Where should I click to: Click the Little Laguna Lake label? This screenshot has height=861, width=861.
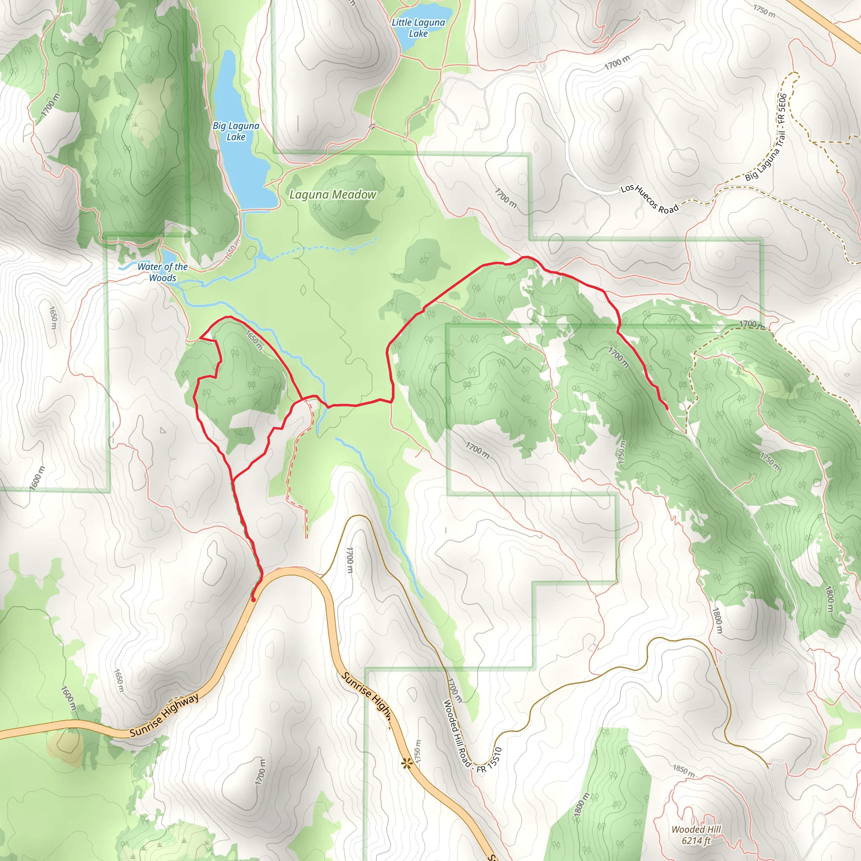(418, 28)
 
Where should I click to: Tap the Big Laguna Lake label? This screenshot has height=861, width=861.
(236, 132)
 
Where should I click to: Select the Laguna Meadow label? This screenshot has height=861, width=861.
(333, 195)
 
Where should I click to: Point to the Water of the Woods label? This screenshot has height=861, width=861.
(162, 272)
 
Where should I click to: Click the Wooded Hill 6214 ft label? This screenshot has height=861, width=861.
(696, 835)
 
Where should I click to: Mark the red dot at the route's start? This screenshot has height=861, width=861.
(253, 600)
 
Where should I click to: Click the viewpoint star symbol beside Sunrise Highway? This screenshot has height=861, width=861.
(406, 764)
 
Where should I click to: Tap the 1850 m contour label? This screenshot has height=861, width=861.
(683, 771)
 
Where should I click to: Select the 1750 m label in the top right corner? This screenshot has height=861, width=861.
(764, 11)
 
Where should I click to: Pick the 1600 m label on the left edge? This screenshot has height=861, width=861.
(37, 478)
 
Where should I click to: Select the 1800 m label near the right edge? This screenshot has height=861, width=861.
(829, 599)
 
